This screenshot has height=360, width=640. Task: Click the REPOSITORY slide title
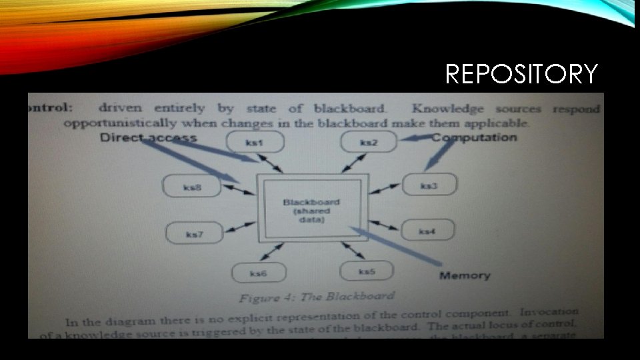[x=521, y=74]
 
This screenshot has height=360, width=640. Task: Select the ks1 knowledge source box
[x=255, y=141]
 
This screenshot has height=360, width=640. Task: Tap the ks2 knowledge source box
[x=369, y=141]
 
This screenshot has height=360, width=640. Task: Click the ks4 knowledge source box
[x=427, y=231]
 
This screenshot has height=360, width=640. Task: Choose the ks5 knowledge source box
[x=367, y=271]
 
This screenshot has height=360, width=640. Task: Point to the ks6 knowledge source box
[x=259, y=273]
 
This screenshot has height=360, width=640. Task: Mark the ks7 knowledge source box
[x=195, y=234]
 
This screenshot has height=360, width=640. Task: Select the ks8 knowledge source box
[x=192, y=187]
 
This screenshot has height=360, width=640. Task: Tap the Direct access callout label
[x=148, y=138]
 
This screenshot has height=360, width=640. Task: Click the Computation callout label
[x=474, y=137]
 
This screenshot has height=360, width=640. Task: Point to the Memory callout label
[x=464, y=275]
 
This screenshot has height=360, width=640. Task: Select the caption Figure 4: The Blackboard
[x=317, y=296]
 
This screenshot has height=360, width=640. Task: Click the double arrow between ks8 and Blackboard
[x=238, y=190]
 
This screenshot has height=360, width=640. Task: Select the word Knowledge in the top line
[x=448, y=109]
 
